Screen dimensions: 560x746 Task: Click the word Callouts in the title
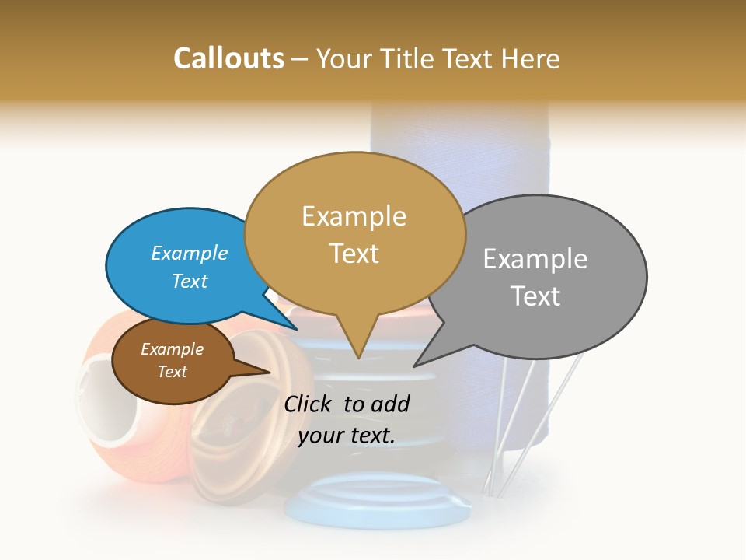coord(228,58)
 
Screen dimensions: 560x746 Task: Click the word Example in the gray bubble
coord(535,259)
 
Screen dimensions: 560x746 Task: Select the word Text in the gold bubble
coord(354,254)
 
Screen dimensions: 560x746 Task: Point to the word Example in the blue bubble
coord(190,253)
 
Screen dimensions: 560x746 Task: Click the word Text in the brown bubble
coord(173,372)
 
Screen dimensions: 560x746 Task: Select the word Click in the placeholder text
coord(309,404)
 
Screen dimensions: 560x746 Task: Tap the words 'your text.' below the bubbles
coord(347,436)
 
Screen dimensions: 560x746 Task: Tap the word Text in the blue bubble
coord(190,281)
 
